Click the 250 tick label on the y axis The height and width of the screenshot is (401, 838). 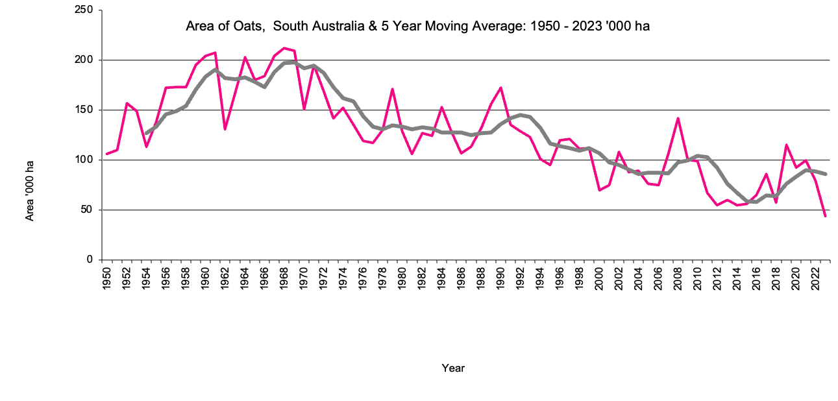coord(86,10)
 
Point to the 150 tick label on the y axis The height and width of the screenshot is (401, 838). coord(86,110)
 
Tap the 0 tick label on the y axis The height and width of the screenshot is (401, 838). coord(91,260)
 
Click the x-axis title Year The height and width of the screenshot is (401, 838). coord(453,368)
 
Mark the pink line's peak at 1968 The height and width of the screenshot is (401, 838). coord(284,48)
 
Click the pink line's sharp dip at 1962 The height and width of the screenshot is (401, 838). coord(225,129)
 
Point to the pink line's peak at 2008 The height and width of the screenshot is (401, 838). coord(678,118)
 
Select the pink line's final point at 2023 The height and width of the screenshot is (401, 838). coord(826,216)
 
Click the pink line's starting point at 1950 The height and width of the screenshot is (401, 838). coord(107,154)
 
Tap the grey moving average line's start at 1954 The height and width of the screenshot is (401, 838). coord(147,133)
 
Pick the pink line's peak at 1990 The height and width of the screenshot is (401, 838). coord(501,88)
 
